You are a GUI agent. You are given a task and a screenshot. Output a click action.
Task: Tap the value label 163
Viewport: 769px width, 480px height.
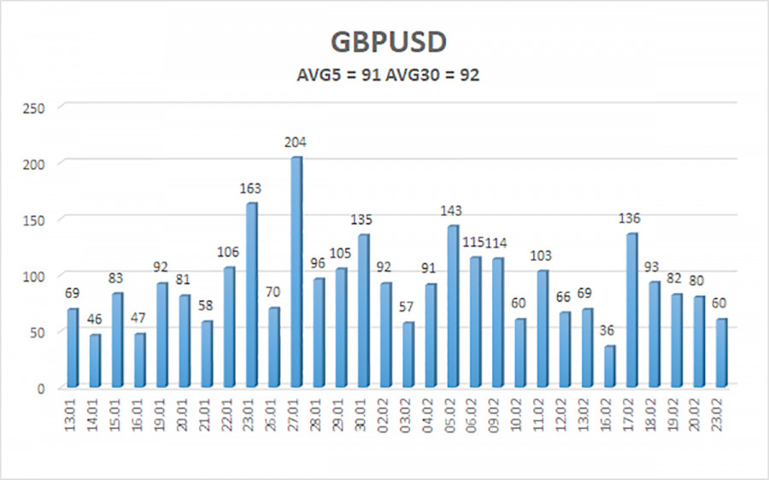pos(251,189)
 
